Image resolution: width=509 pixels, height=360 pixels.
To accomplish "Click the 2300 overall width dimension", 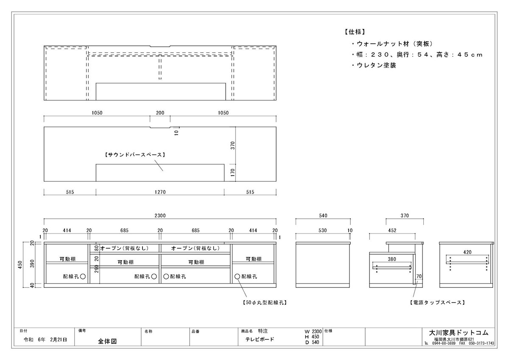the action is pyautogui.click(x=160, y=215).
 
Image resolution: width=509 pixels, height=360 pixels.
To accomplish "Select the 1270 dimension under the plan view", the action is pyautogui.click(x=160, y=192).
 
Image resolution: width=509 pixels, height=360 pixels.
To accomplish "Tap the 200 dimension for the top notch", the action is pyautogui.click(x=160, y=113).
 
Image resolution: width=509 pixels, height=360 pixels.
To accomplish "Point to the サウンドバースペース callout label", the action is pyautogui.click(x=135, y=155).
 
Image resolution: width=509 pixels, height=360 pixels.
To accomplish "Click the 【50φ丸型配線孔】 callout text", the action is pyautogui.click(x=265, y=302).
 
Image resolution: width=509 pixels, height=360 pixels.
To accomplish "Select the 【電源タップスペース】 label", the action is pyautogui.click(x=437, y=302).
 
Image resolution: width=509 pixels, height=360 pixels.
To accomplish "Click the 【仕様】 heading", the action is pyautogui.click(x=355, y=32).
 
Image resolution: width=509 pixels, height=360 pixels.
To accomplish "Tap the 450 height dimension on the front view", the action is pyautogui.click(x=20, y=265).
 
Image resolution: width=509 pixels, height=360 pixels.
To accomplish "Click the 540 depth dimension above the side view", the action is pyautogui.click(x=323, y=215).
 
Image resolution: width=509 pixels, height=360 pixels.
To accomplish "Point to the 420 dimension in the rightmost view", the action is pyautogui.click(x=467, y=252).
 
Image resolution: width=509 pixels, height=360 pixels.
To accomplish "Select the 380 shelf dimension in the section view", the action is pyautogui.click(x=392, y=259).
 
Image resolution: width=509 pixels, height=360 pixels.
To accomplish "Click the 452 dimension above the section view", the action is pyautogui.click(x=392, y=231).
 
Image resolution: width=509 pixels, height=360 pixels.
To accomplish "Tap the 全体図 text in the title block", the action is pyautogui.click(x=107, y=341).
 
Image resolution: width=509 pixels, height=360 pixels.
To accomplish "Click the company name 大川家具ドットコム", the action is pyautogui.click(x=459, y=333).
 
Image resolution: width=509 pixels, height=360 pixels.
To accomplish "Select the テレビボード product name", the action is pyautogui.click(x=260, y=339).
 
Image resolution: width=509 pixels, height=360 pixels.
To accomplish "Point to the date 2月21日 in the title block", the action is pyautogui.click(x=59, y=340).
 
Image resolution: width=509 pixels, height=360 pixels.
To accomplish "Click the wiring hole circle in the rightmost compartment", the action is pyautogui.click(x=237, y=276).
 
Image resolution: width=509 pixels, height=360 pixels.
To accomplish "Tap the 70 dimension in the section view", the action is pyautogui.click(x=419, y=276).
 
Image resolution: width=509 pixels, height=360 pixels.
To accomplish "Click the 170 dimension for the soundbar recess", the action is pyautogui.click(x=232, y=173).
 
